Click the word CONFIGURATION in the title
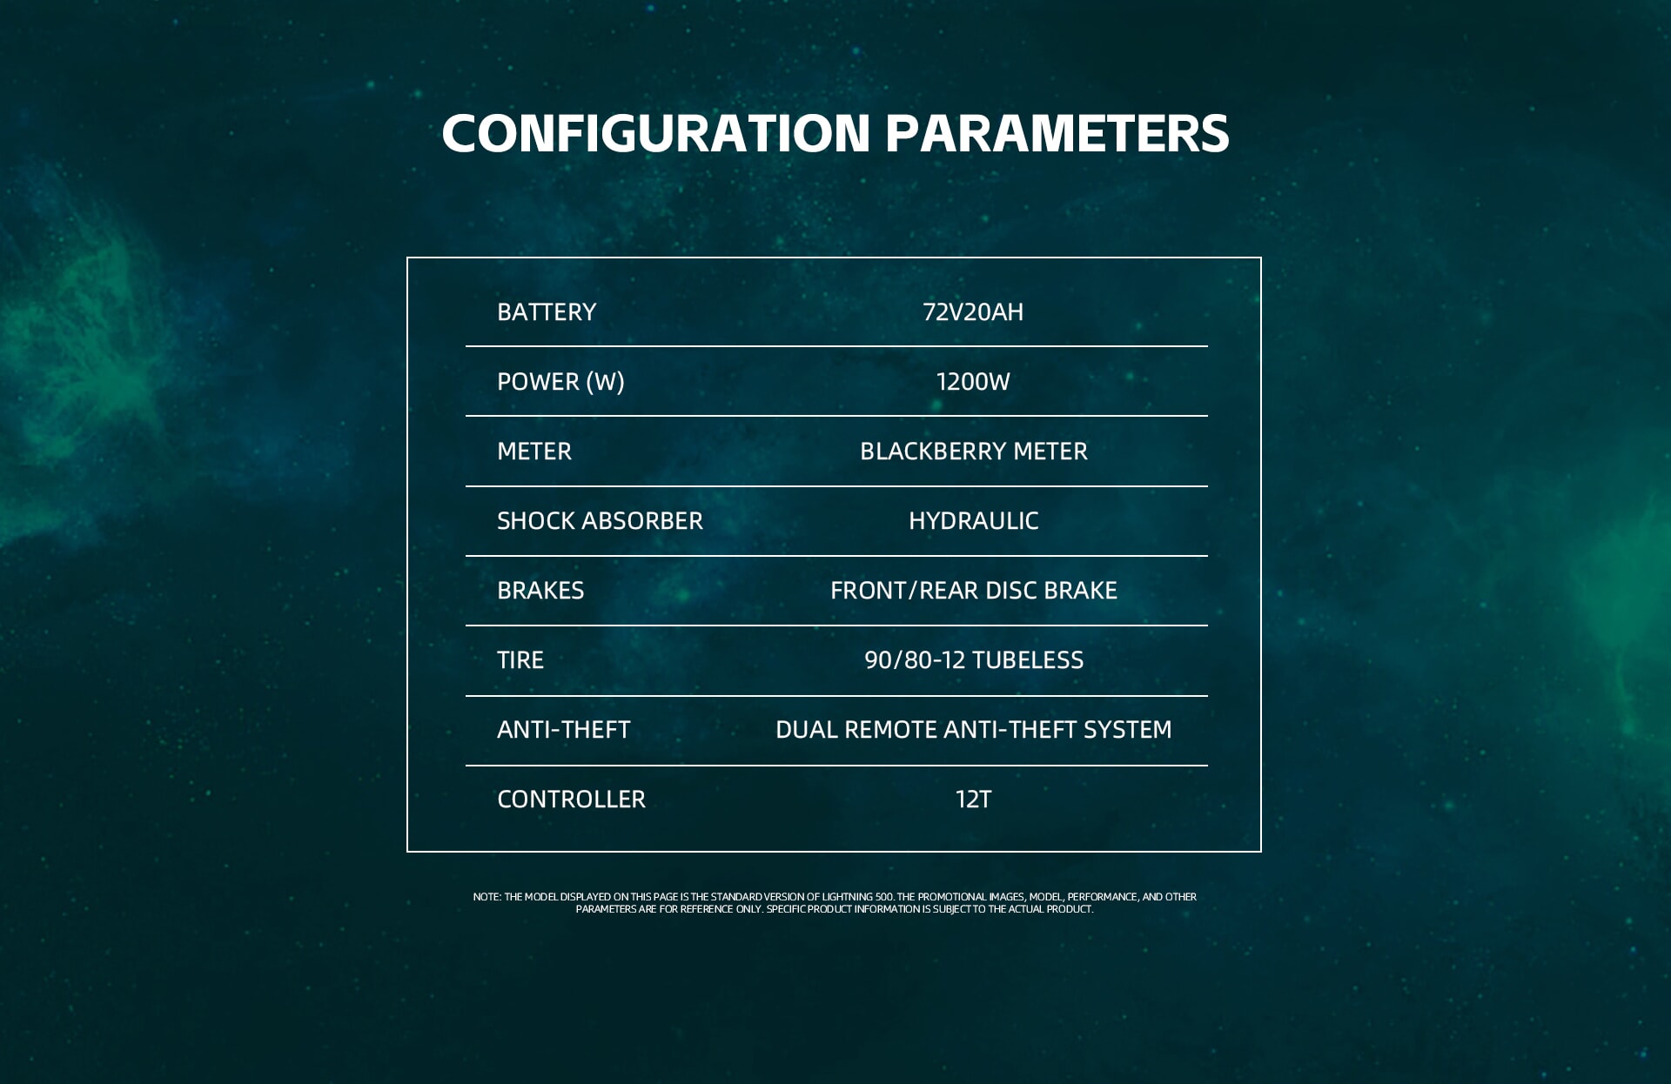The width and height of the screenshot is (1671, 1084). coord(656,133)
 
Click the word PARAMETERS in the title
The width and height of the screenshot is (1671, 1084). coord(1057,133)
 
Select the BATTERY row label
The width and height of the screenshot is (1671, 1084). coord(547,312)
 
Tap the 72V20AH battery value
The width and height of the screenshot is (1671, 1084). coord(973,312)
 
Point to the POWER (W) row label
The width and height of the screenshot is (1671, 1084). coord(560,382)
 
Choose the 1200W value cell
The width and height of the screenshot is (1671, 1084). coord(973,382)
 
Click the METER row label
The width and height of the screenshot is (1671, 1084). coord(534,452)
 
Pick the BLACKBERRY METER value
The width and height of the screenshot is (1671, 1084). coord(974,452)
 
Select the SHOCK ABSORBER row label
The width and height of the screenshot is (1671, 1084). coord(600,521)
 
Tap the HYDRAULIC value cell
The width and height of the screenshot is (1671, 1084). coord(974,521)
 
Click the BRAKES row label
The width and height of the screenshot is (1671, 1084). coord(540,591)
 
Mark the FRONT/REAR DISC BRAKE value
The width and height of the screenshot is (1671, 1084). coord(974,591)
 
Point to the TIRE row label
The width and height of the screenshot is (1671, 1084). coord(520,660)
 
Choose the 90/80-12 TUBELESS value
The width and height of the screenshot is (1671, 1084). coord(974,660)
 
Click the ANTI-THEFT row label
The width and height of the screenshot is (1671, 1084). coord(564,730)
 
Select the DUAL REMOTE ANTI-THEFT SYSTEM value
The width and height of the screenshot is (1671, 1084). coord(974,730)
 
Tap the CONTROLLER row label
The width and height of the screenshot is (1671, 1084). coord(572,800)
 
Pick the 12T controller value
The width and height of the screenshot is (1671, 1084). coord(974,800)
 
